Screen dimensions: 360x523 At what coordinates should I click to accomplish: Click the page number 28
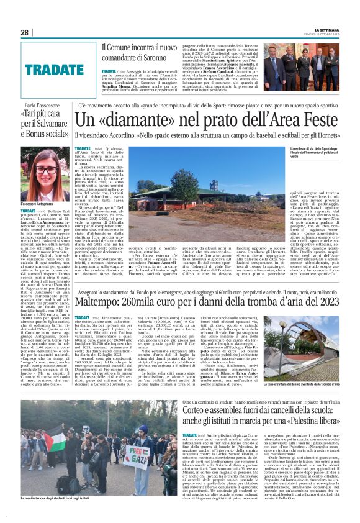[x=25, y=32]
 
